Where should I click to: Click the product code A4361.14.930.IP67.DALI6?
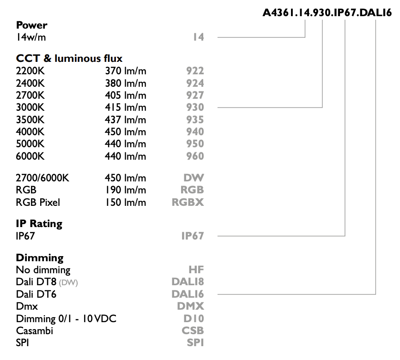click(x=327, y=12)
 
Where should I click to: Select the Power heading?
click(x=31, y=25)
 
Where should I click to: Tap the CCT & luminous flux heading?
click(x=69, y=59)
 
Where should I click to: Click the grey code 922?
click(x=195, y=71)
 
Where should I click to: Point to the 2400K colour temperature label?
click(x=30, y=83)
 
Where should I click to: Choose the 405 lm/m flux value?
click(x=126, y=96)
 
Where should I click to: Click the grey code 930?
click(x=195, y=108)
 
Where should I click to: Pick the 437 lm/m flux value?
click(x=126, y=120)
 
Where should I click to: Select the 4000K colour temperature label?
click(x=30, y=132)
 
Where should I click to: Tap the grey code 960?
click(x=195, y=156)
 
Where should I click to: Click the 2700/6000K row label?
click(x=42, y=178)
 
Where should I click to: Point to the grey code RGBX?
click(x=188, y=202)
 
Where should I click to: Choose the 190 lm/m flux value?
click(x=126, y=190)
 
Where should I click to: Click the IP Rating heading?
click(x=39, y=223)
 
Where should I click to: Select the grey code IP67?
click(x=193, y=236)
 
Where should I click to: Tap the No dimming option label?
click(x=43, y=270)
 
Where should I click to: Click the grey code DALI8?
click(x=188, y=282)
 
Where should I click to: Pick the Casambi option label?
click(x=35, y=330)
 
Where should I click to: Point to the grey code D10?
click(x=194, y=318)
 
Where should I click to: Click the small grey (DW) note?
click(x=68, y=282)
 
